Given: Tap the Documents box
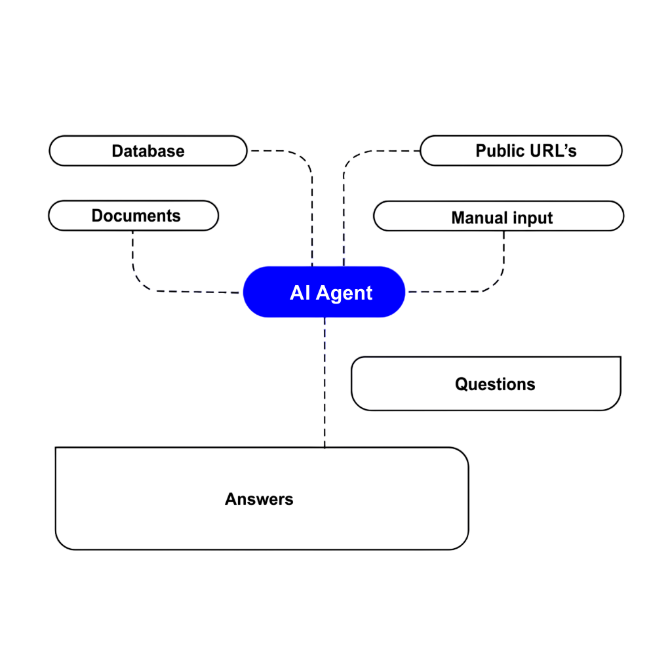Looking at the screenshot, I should coord(197,216).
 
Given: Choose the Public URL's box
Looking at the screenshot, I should coord(446,151).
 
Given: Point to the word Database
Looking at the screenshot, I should coord(148,151).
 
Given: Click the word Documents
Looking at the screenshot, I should coord(136,216).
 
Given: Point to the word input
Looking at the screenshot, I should coord(532,218).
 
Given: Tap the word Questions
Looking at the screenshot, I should coord(495,384).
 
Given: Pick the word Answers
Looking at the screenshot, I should coord(259,499).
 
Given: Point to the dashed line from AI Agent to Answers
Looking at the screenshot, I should coord(325,387).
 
